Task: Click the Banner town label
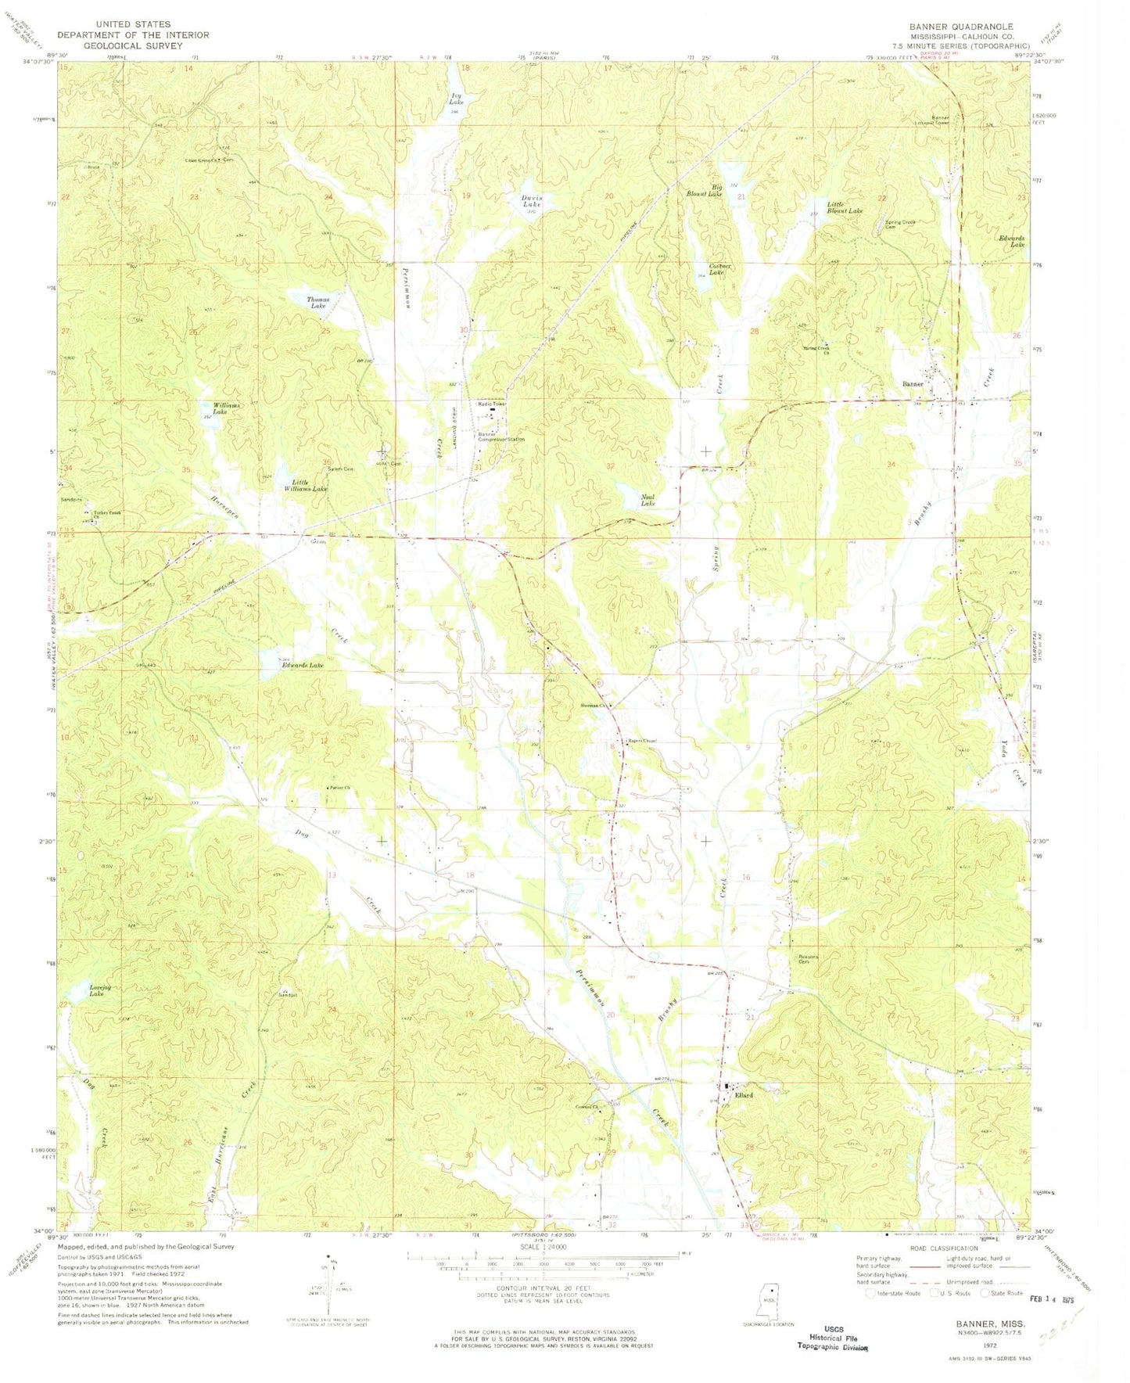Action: pyautogui.click(x=913, y=384)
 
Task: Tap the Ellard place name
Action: pyautogui.click(x=743, y=1095)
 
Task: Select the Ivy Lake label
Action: pyautogui.click(x=456, y=99)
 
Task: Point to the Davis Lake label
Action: pyautogui.click(x=532, y=201)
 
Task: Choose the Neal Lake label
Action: pyautogui.click(x=648, y=501)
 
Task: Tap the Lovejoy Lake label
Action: pyautogui.click(x=100, y=990)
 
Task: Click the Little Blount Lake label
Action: pyautogui.click(x=840, y=207)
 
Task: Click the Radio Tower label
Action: pyautogui.click(x=490, y=404)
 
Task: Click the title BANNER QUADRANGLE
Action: pyautogui.click(x=960, y=26)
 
